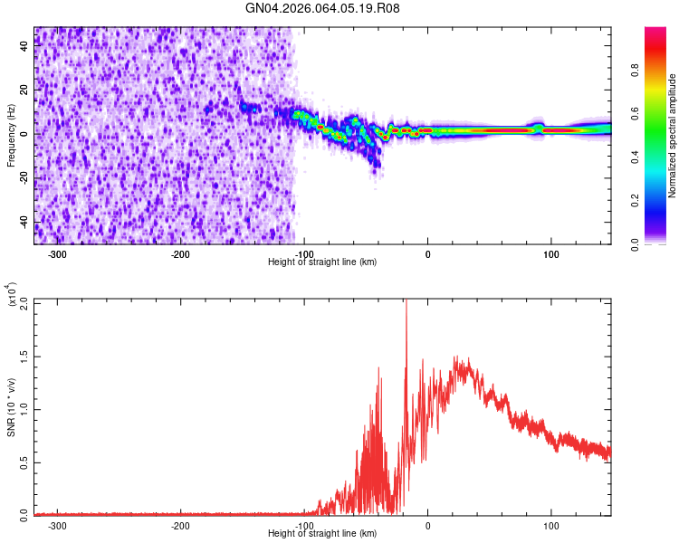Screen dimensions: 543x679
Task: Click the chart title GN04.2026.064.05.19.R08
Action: click(x=323, y=8)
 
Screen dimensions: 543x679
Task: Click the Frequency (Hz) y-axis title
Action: click(x=11, y=135)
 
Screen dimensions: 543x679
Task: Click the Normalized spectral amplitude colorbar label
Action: click(x=672, y=136)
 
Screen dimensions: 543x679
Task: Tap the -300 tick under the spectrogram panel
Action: click(x=58, y=254)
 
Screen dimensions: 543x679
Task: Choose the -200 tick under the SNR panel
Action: click(x=181, y=525)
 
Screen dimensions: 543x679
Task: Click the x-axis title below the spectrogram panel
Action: click(x=322, y=262)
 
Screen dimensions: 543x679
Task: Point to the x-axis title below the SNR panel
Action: click(x=322, y=534)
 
